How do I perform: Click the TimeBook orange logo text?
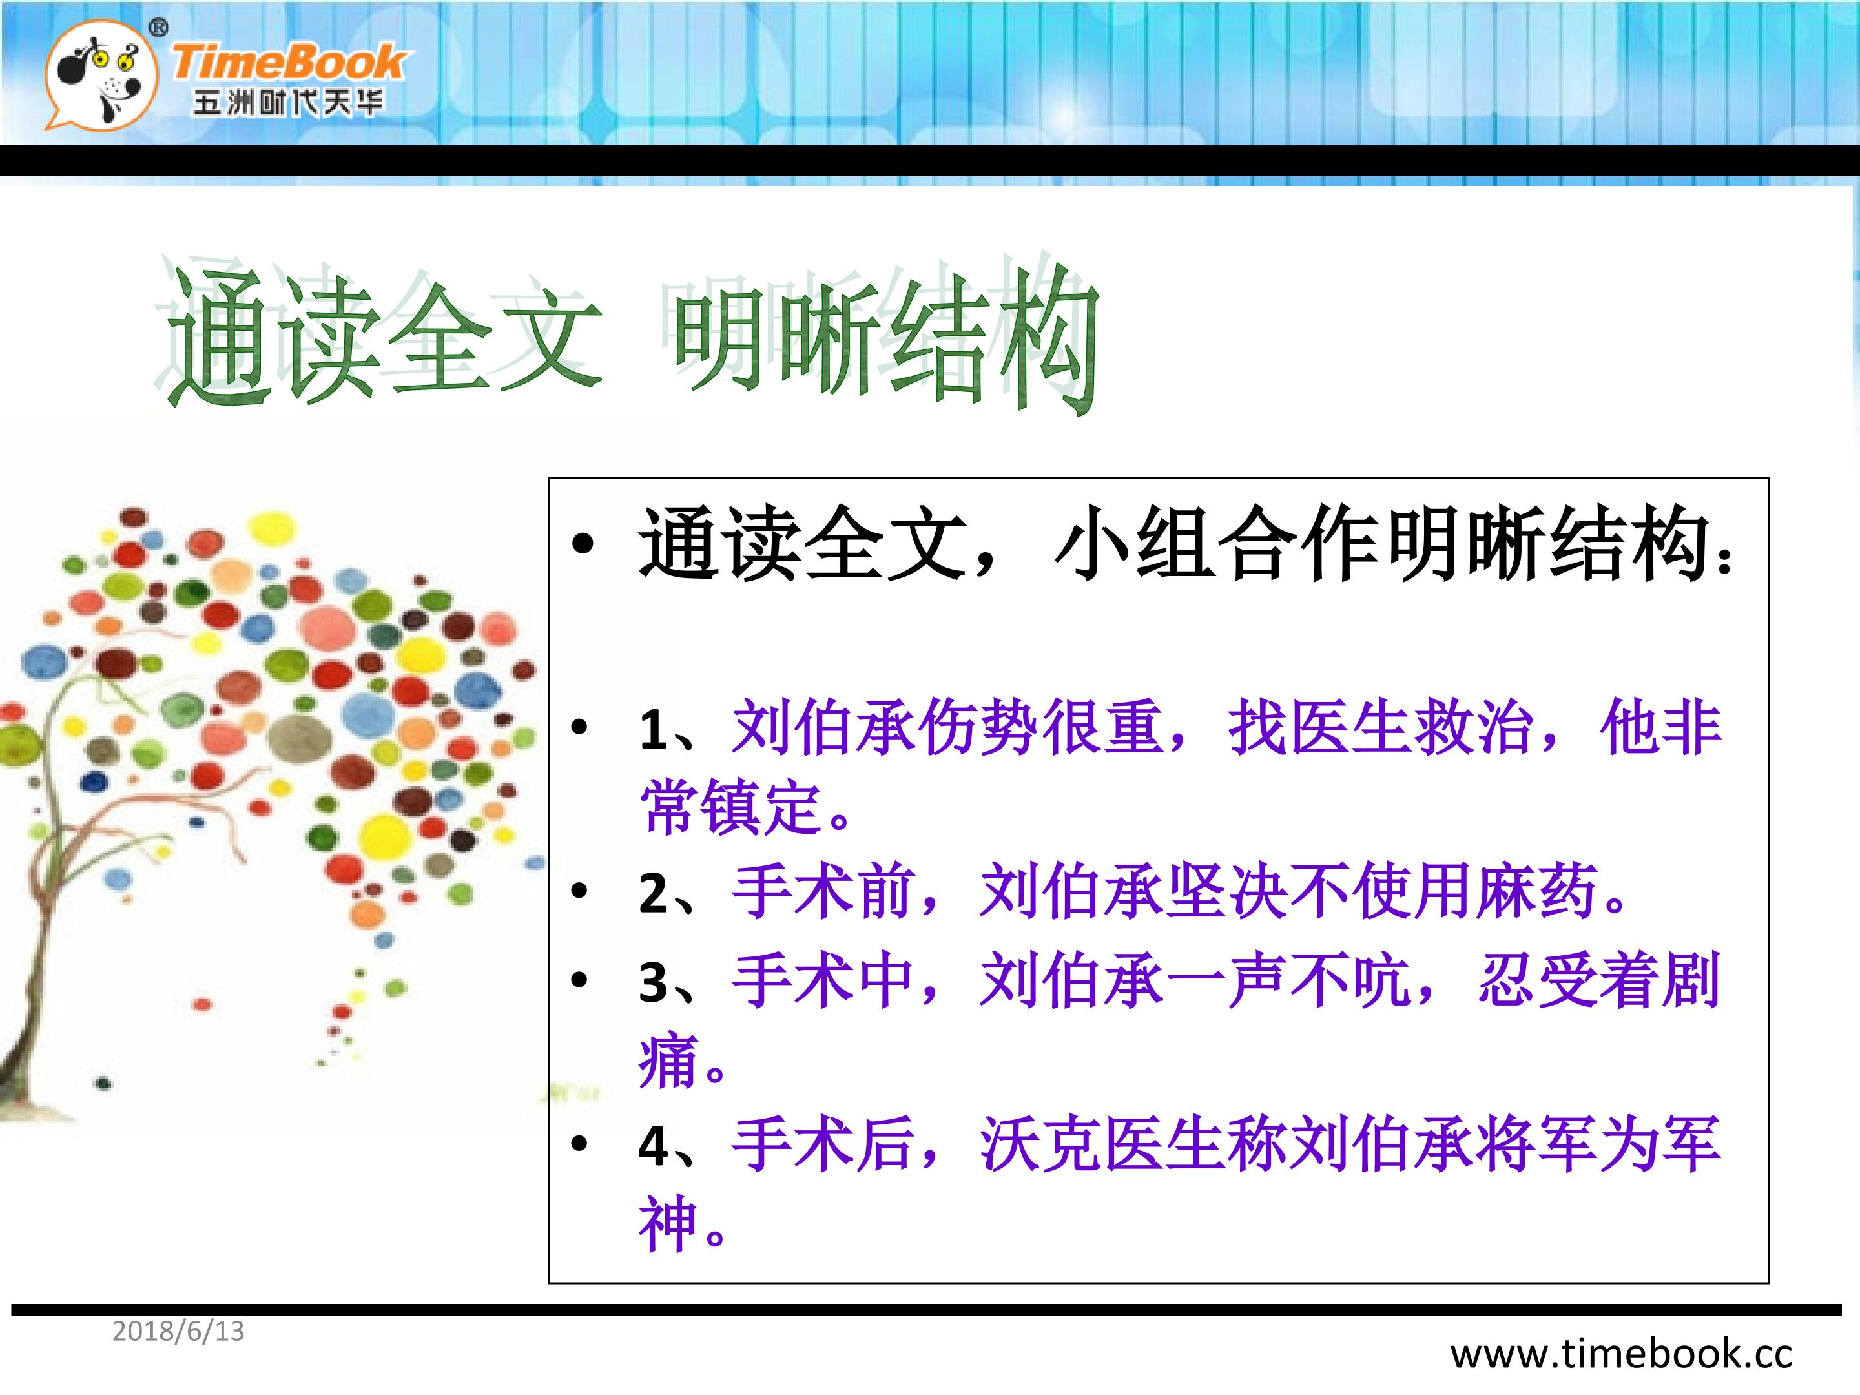[x=289, y=62]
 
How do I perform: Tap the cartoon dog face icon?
[x=101, y=76]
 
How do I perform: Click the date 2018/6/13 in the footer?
[x=178, y=1331]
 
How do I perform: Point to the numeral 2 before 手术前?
[x=654, y=893]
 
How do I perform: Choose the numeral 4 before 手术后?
[x=654, y=1145]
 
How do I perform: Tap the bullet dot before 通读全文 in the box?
[x=582, y=546]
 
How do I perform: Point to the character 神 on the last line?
[x=669, y=1224]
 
